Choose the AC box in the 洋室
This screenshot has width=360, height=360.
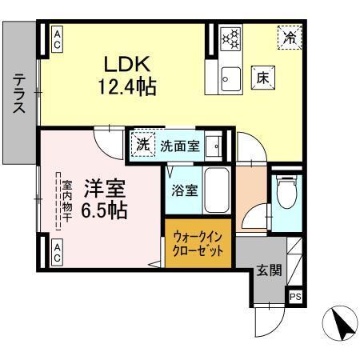coord(58,254)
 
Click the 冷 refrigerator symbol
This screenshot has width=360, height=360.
coord(290,36)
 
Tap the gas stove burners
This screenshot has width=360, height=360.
coord(230,38)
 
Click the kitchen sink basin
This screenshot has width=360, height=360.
coord(230,78)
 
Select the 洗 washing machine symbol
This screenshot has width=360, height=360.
coord(142,146)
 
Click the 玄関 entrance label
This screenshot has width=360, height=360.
coord(268,270)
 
